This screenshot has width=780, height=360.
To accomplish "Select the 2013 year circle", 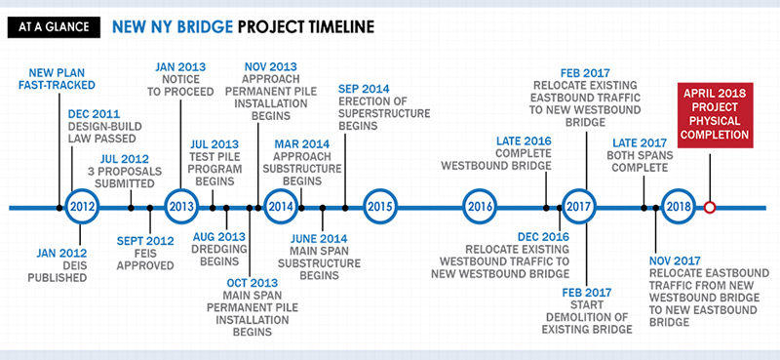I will [180, 207].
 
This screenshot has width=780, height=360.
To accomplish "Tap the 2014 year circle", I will [281, 207].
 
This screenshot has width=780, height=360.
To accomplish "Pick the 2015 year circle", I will [380, 207].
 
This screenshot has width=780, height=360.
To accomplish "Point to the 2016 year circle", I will [480, 207].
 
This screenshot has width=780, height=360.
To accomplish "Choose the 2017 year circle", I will [579, 207].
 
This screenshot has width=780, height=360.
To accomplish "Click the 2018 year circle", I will [678, 207].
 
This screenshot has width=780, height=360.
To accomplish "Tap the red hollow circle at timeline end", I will [710, 207].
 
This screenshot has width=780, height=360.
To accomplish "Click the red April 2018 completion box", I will [716, 116].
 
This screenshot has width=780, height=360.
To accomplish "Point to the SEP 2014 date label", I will [363, 89].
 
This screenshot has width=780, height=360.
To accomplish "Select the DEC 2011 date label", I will [95, 114].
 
